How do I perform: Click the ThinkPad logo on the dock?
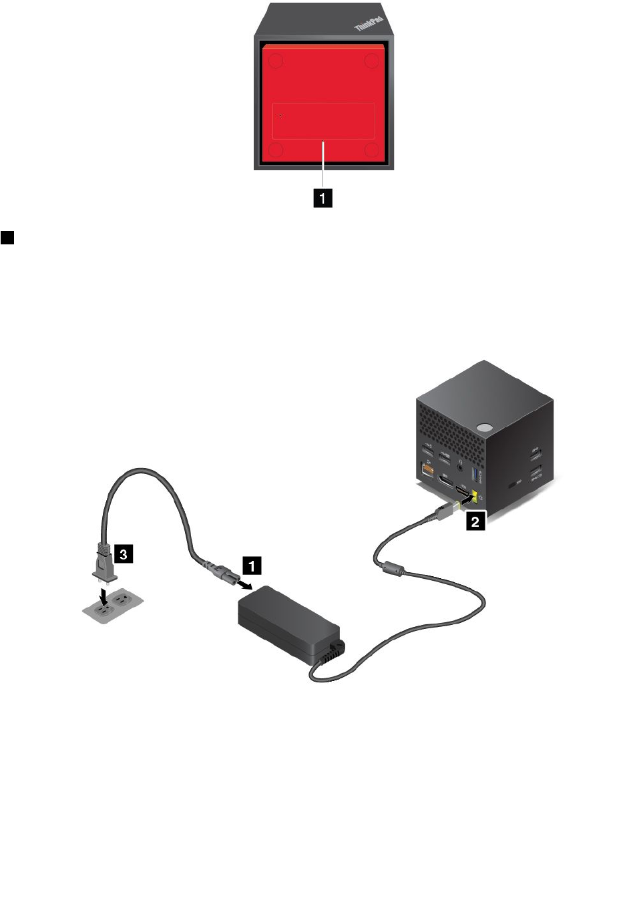[x=368, y=21]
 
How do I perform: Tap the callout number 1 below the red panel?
[x=323, y=198]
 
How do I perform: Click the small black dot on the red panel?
[x=280, y=116]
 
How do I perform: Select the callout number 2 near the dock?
[x=475, y=521]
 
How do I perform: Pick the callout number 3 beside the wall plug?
[x=124, y=554]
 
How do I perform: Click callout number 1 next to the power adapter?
[x=252, y=566]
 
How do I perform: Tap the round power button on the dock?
[x=485, y=426]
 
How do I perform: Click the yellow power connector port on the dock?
[x=475, y=497]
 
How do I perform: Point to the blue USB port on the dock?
[x=475, y=475]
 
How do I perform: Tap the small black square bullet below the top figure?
[x=7, y=238]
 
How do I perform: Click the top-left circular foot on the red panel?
[x=275, y=61]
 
